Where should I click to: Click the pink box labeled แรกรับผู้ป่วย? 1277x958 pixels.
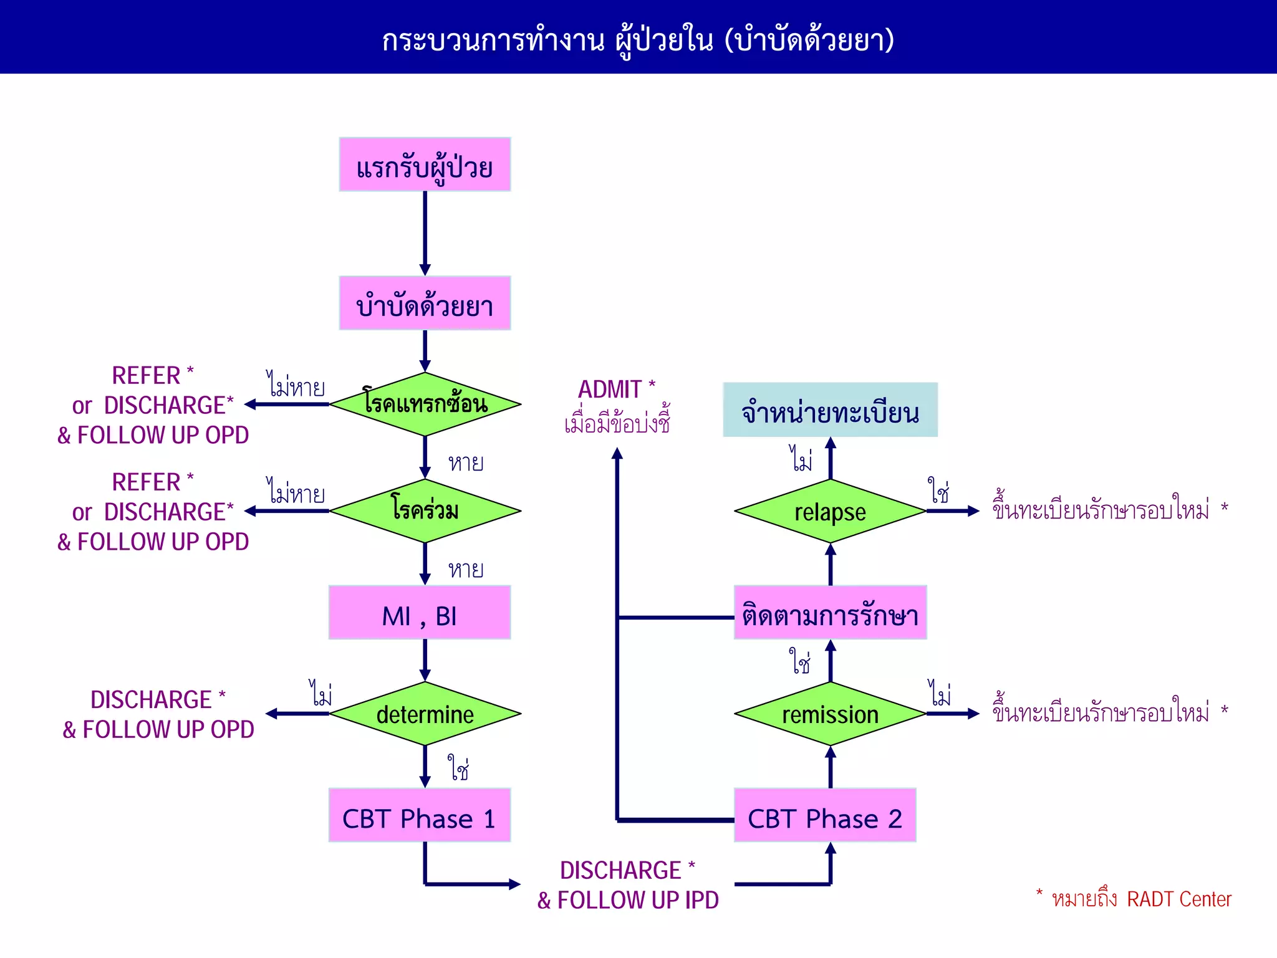click(425, 165)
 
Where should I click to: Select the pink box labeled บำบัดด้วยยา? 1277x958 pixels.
click(425, 303)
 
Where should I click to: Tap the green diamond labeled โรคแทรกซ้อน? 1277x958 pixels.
click(425, 404)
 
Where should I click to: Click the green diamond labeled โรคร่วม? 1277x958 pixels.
click(425, 510)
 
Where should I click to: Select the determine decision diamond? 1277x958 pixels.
click(425, 714)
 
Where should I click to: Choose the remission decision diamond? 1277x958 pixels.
click(830, 714)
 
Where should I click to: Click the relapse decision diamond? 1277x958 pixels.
click(830, 511)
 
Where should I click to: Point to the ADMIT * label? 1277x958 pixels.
click(616, 390)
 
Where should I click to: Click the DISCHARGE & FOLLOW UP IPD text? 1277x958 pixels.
click(628, 885)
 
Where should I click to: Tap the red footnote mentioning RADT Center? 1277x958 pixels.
click(1136, 898)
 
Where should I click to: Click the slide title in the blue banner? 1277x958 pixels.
click(638, 39)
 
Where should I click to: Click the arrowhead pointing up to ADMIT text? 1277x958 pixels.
click(617, 454)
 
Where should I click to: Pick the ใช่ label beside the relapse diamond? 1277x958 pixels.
click(938, 491)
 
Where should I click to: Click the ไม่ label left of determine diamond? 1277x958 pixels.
click(321, 693)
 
